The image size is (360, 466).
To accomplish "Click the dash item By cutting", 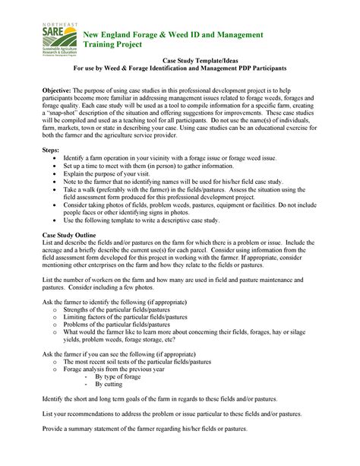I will [109, 385].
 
